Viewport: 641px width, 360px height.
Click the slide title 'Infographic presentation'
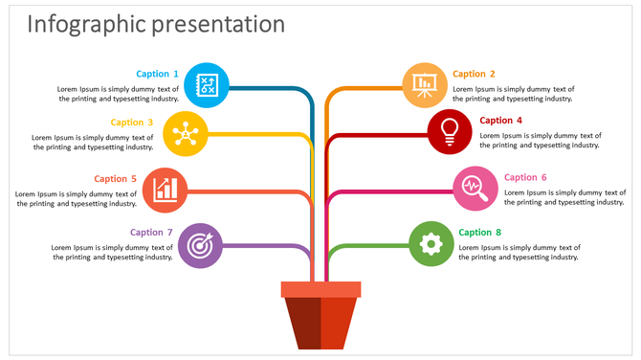[156, 24]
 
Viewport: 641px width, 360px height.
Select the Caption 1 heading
[157, 74]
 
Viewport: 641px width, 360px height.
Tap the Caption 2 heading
[475, 74]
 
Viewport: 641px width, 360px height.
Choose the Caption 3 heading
[132, 122]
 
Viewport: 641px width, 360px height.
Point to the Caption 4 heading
[501, 121]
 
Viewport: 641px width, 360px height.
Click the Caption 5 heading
[115, 178]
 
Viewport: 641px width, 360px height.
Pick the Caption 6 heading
[525, 177]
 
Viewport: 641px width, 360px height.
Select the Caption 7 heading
[151, 232]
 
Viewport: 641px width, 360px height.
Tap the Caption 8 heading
[479, 232]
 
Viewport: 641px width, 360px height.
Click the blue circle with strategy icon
[206, 85]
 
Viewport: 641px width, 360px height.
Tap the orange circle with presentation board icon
[424, 85]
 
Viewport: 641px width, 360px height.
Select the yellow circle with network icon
[186, 133]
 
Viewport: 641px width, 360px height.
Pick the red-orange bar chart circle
[166, 190]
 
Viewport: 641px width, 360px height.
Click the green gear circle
[431, 244]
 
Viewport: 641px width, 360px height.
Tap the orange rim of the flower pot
[320, 289]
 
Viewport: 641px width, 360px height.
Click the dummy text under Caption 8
[519, 252]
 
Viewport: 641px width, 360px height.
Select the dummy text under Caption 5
[77, 198]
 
